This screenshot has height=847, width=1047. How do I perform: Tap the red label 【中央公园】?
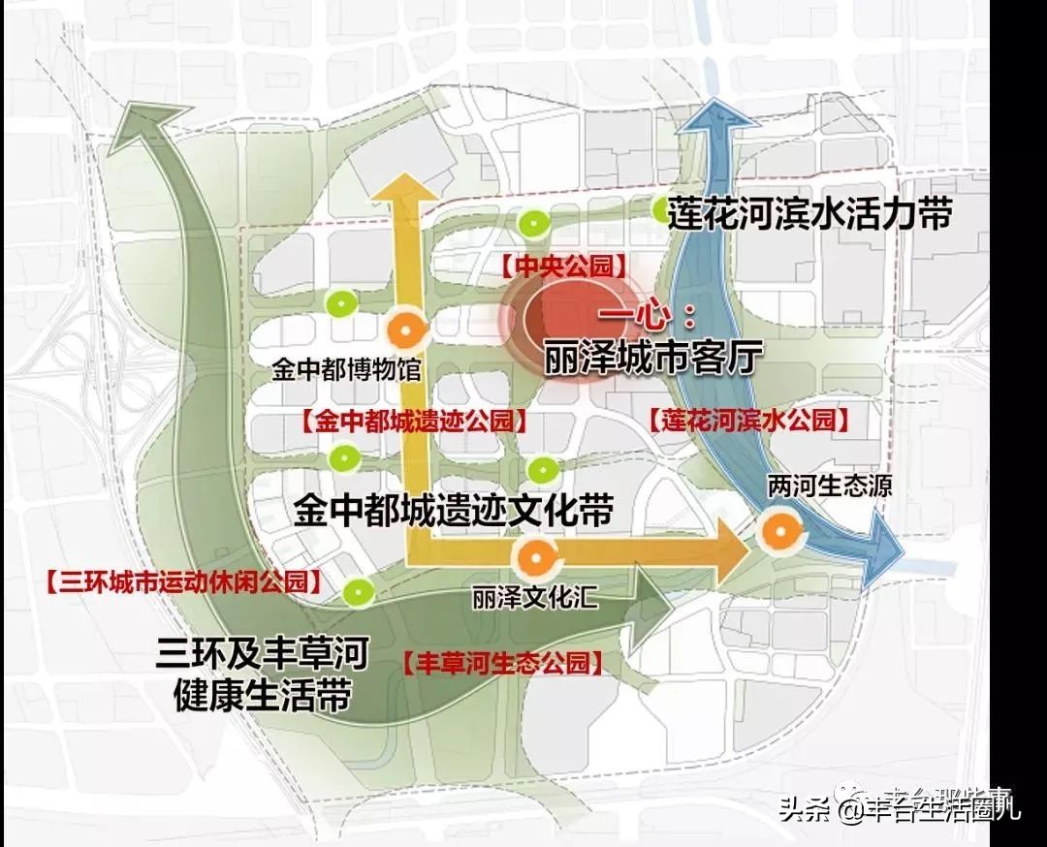point(564,266)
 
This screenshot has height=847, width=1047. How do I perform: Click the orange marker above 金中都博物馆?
point(405,329)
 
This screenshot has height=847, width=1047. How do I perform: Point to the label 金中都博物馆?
point(347,370)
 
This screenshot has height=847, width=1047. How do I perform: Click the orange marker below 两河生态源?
point(777,531)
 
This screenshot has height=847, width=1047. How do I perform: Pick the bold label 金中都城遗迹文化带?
point(454,510)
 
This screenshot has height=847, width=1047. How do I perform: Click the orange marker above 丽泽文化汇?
point(534,558)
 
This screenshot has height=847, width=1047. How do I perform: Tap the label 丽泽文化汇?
point(535,598)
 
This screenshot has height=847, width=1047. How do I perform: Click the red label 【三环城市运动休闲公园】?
point(182,582)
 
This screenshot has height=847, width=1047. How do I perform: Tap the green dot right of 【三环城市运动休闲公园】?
point(358,588)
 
